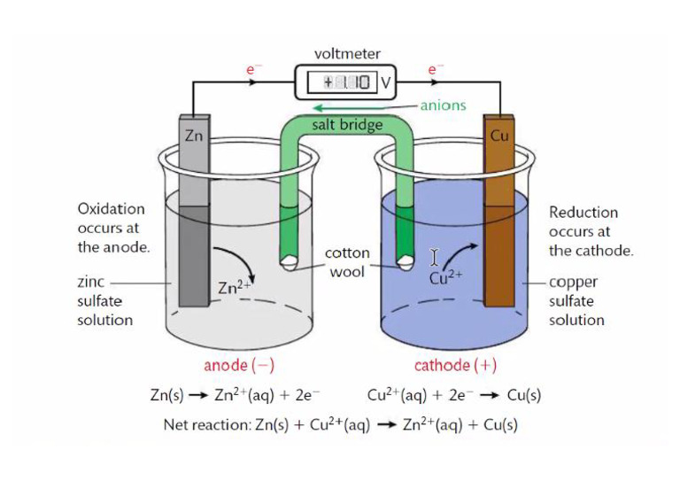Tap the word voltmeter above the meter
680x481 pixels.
tap(347, 54)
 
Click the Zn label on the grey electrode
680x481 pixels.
tap(194, 136)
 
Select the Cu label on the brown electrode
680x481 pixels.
tap(499, 136)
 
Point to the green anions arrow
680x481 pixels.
tap(366, 107)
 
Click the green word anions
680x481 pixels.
tap(444, 105)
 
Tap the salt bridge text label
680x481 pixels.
tap(347, 125)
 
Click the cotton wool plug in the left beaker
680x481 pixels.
tap(289, 262)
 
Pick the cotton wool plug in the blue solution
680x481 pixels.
tap(406, 262)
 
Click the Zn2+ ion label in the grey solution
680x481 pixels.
tap(234, 287)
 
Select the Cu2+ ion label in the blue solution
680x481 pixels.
tap(446, 277)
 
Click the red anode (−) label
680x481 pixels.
tap(239, 366)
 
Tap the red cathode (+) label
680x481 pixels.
tap(455, 366)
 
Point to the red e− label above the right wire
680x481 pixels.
tap(436, 69)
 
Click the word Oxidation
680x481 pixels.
tap(111, 209)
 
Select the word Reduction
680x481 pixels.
tap(583, 213)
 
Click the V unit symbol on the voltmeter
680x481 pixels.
tap(385, 81)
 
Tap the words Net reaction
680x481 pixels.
tap(207, 424)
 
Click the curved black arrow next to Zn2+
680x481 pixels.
tap(241, 259)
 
